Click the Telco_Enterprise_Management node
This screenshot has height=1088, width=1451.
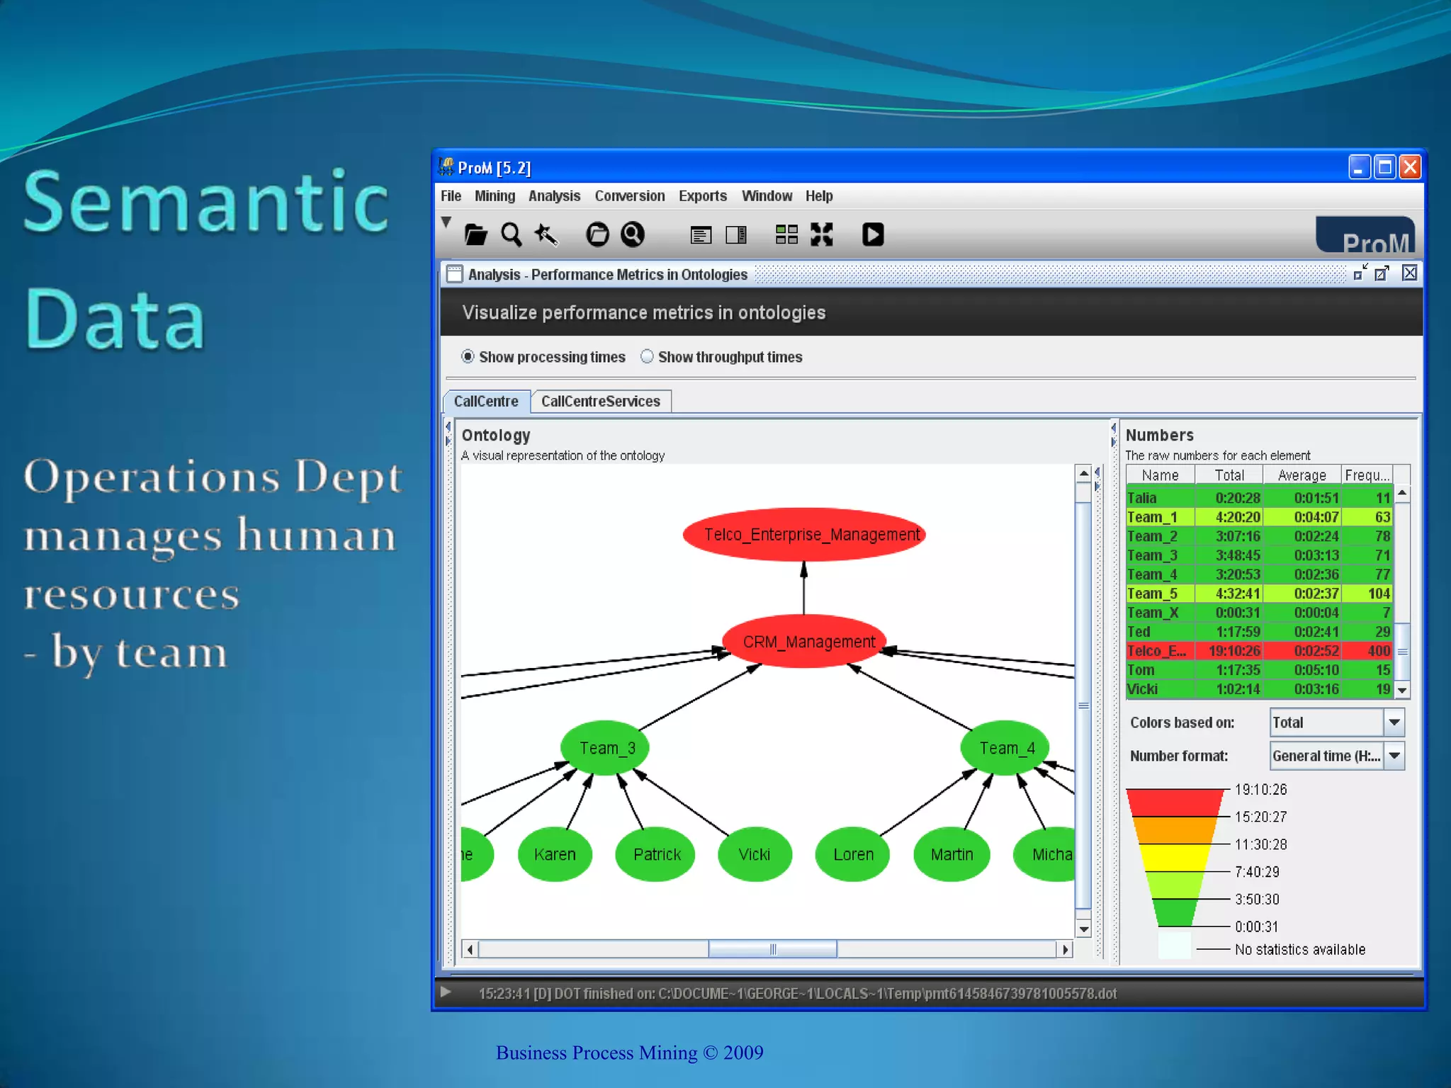[x=804, y=534]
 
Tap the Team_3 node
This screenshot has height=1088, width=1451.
[x=604, y=748]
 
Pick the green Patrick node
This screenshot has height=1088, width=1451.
[x=656, y=854]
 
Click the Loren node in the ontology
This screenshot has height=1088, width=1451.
[x=852, y=854]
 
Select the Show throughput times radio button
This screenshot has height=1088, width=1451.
[x=647, y=357]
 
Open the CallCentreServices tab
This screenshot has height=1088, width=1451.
[x=600, y=402]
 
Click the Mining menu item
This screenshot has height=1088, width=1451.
[x=495, y=196]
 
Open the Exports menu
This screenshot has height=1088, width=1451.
[x=702, y=196]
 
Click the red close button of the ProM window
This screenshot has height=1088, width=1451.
[x=1410, y=168]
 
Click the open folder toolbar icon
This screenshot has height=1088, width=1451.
[x=475, y=234]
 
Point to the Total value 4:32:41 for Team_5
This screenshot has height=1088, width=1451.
[x=1237, y=594]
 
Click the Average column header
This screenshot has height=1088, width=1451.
[x=1302, y=475]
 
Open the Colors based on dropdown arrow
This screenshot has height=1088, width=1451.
[x=1394, y=722]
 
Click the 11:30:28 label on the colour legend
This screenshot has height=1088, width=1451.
[x=1260, y=844]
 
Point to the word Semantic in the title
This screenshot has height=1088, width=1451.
[x=205, y=203]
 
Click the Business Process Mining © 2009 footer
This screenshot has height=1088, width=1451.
[x=629, y=1053]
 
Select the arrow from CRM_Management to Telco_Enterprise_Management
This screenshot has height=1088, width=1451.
[x=803, y=588]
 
